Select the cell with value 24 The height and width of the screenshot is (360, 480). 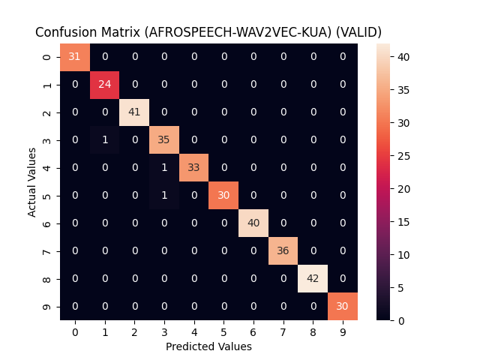[x=104, y=85]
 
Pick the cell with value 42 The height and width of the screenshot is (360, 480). [x=313, y=278]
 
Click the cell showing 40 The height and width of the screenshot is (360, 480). [x=253, y=223]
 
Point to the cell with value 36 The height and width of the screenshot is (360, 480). [x=283, y=250]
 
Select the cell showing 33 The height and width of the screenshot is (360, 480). [x=193, y=168]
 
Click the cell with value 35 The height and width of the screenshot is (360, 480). [x=164, y=140]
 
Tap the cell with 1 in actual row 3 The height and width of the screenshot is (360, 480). [x=104, y=140]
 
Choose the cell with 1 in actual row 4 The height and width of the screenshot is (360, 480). [x=164, y=168]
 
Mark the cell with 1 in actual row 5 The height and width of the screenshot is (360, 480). [x=164, y=196]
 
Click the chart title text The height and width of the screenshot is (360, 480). [x=208, y=32]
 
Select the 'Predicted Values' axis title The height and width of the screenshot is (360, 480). [x=208, y=346]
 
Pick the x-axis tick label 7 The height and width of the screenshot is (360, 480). [x=283, y=331]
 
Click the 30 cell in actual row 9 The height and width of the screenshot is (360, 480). [x=343, y=306]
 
